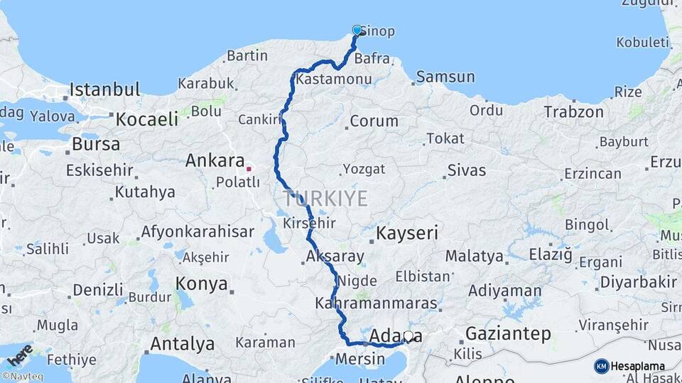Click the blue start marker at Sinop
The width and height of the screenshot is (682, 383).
(x=357, y=30)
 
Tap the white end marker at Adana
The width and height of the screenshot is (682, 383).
(x=408, y=336)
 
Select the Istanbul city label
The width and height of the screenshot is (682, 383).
(x=104, y=90)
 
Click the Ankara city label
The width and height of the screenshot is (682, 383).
(x=215, y=161)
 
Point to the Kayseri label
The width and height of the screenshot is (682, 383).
(x=407, y=233)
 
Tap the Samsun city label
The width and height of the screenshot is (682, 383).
(x=445, y=77)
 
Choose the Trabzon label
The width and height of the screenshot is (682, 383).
(x=573, y=112)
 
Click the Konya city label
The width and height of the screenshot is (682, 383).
(x=201, y=284)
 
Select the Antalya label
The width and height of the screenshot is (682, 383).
(x=182, y=344)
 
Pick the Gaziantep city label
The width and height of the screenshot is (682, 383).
(x=508, y=333)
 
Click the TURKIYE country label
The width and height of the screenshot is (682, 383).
(x=325, y=198)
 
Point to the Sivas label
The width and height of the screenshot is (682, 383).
(x=466, y=170)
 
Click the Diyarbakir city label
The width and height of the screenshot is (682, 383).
(x=638, y=282)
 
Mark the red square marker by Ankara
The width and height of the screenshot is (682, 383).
(x=249, y=169)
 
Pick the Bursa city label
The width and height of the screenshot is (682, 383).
(x=95, y=145)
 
